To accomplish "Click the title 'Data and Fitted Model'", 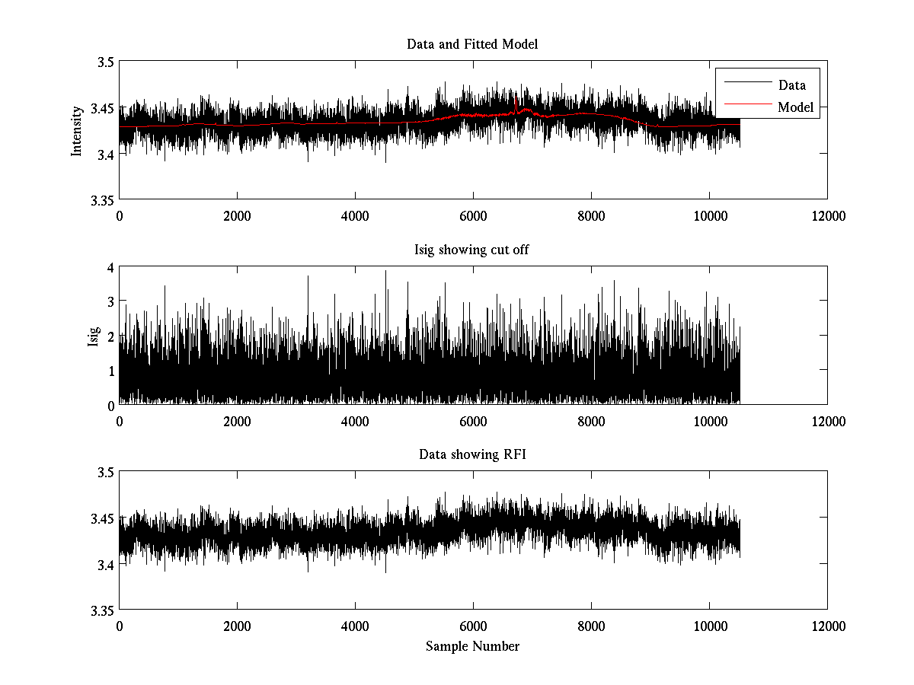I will [x=472, y=44].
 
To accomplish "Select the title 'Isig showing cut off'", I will [x=472, y=250].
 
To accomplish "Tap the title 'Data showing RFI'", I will [x=472, y=455].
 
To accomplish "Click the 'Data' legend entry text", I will [x=791, y=85].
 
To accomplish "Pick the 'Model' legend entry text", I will [x=795, y=107].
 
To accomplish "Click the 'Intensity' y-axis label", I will [x=77, y=131].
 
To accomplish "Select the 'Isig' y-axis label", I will [x=94, y=336].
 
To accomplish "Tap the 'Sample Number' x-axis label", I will [x=472, y=646].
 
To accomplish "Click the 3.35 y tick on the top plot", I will [x=103, y=200].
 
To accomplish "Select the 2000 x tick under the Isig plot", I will [x=237, y=420].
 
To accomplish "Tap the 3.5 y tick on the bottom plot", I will [x=106, y=473].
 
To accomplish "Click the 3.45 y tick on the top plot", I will [x=103, y=108].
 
